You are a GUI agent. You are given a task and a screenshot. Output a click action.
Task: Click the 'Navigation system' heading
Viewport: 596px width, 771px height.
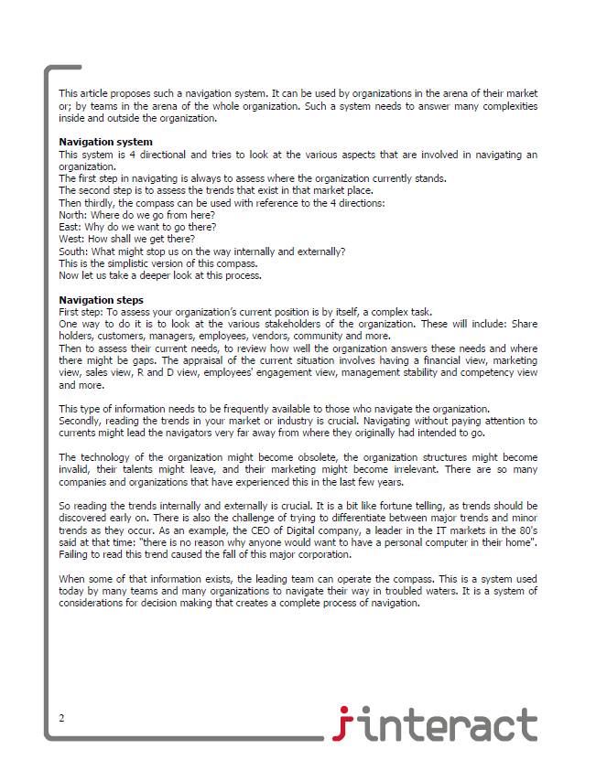click(105, 142)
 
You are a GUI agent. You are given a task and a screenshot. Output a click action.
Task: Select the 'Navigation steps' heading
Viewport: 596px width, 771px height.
click(101, 300)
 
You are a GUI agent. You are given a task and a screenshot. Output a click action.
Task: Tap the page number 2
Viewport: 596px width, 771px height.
click(61, 717)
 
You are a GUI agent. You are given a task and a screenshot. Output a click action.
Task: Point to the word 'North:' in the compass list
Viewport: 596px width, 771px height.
click(73, 214)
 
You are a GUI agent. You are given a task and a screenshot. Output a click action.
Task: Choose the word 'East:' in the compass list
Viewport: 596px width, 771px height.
click(70, 226)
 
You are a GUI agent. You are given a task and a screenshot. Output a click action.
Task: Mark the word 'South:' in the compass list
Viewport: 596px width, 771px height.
click(73, 251)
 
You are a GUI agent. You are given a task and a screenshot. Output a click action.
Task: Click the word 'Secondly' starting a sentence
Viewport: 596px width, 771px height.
click(80, 420)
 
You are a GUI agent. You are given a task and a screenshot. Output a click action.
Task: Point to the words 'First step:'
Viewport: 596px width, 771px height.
click(81, 312)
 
